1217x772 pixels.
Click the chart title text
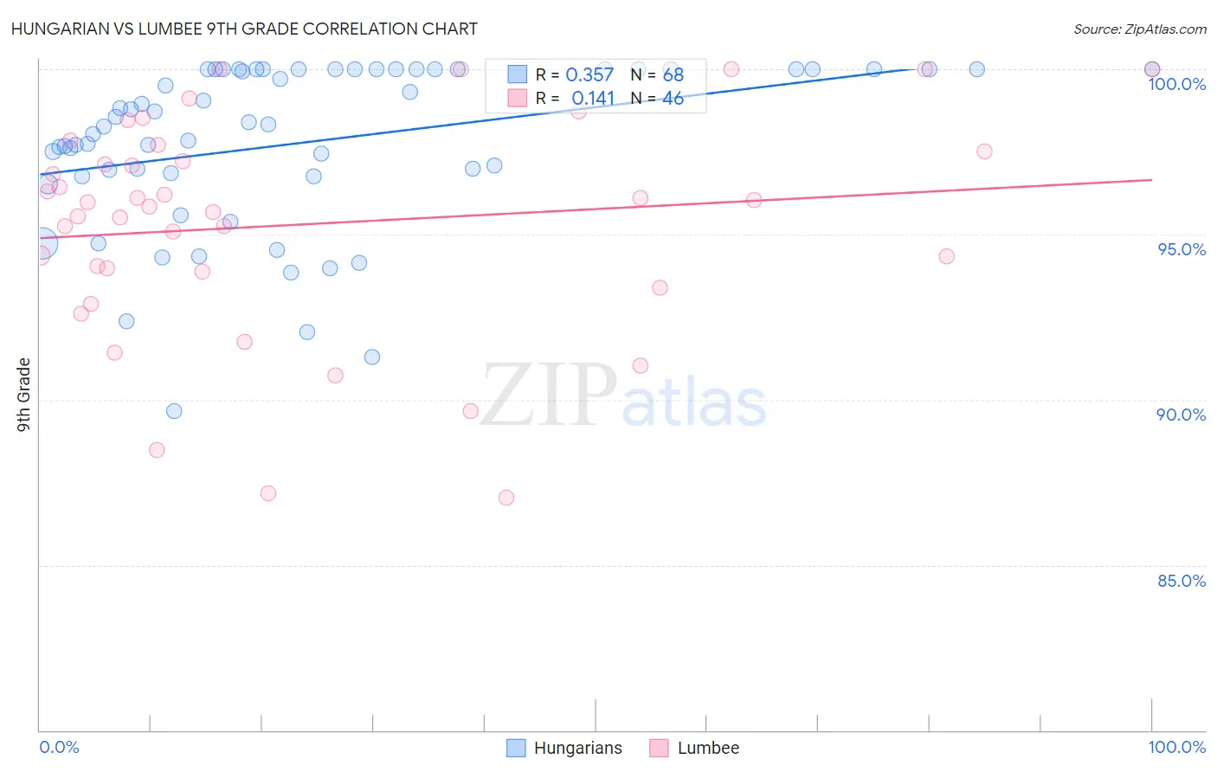(244, 29)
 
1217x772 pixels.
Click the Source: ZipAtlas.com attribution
(1139, 29)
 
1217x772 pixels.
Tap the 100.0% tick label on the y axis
(1176, 84)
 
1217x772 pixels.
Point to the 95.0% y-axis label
(1182, 249)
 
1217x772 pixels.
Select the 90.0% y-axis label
(1181, 415)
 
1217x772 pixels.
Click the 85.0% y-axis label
(1182, 581)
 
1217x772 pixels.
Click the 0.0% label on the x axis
(59, 747)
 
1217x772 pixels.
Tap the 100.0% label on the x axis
(1176, 747)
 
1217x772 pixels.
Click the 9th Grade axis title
(24, 394)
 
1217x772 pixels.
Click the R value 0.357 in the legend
(589, 74)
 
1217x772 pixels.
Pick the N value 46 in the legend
(673, 99)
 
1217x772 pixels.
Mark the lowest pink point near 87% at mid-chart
(506, 498)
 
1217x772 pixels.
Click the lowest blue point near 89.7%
(174, 411)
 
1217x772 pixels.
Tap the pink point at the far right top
(1152, 69)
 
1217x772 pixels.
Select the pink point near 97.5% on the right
(984, 151)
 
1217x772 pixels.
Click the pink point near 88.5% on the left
(157, 450)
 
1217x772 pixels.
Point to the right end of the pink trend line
(1152, 179)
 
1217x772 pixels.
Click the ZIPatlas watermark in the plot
(623, 396)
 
